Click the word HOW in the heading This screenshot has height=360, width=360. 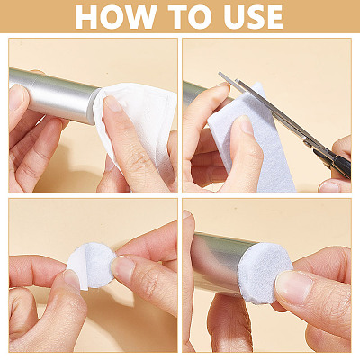[x=116, y=17]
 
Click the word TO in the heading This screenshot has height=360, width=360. [x=190, y=17]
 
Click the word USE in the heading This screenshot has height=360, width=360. [x=254, y=17]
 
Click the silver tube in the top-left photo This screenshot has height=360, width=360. [x=54, y=94]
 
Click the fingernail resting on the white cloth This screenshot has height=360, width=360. [x=113, y=103]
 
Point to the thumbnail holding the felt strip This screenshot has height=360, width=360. [x=246, y=125]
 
